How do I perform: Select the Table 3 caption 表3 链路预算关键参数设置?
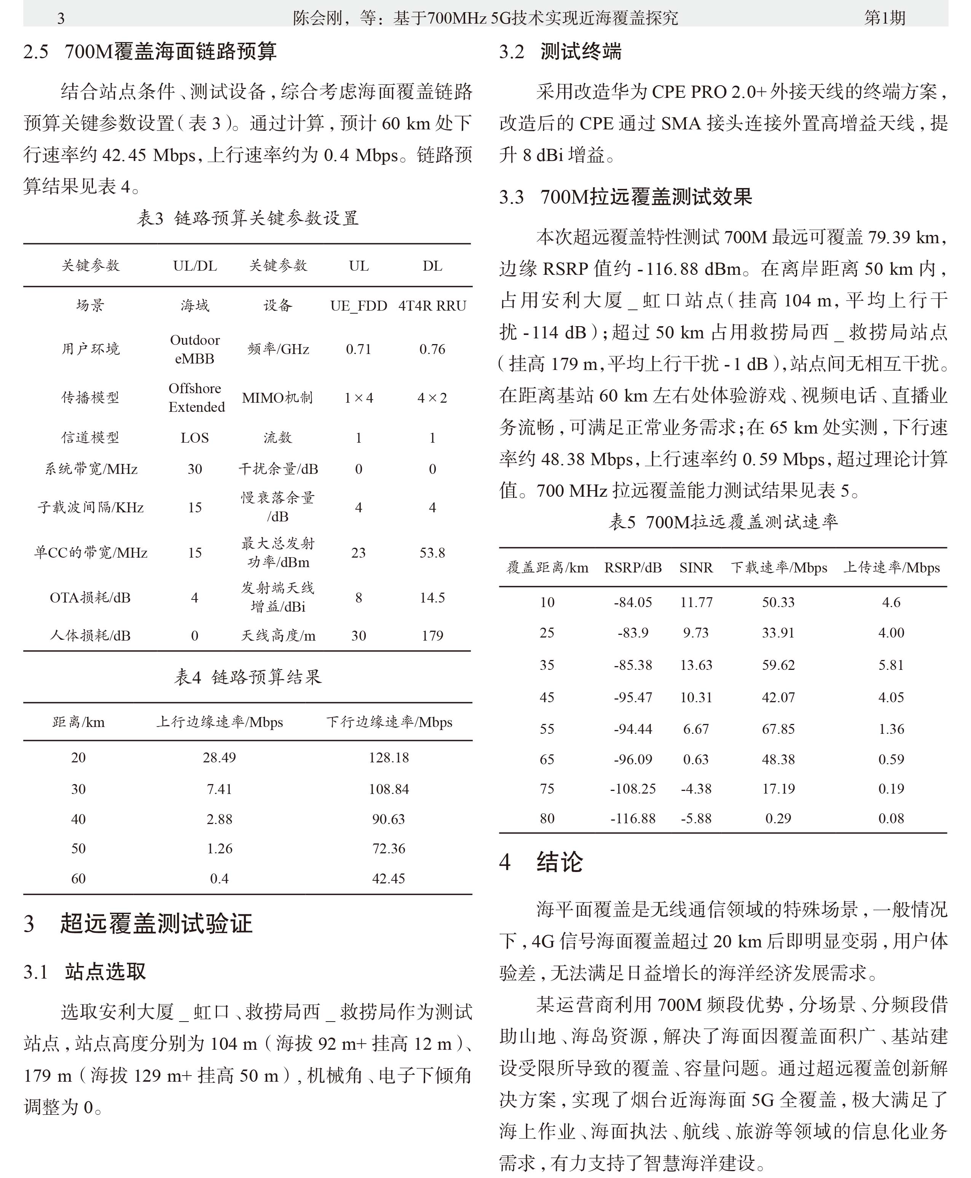point(247,218)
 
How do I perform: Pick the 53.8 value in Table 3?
point(432,553)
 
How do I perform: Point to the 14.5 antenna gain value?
point(432,598)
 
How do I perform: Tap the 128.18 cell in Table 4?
point(388,757)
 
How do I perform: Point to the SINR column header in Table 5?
point(696,568)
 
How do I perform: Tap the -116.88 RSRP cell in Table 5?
point(633,818)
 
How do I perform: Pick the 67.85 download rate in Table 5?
point(778,729)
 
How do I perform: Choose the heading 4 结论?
point(541,862)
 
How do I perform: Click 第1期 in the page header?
point(884,18)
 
